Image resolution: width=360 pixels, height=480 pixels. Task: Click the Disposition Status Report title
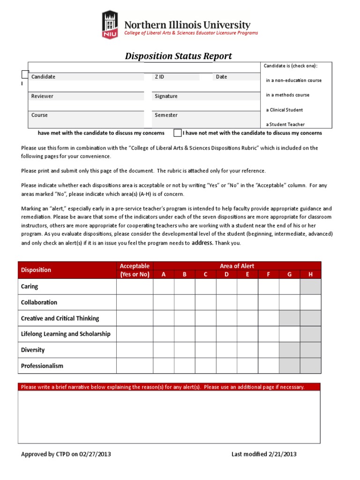click(178, 56)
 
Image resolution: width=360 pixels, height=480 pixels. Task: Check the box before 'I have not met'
click(177, 133)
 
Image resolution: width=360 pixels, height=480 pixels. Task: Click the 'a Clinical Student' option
click(285, 110)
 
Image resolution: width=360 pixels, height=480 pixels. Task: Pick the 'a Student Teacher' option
click(285, 125)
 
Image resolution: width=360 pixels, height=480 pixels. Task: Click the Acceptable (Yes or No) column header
click(135, 270)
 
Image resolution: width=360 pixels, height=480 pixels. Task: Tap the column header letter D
click(226, 275)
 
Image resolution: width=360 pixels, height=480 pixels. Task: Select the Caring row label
click(30, 286)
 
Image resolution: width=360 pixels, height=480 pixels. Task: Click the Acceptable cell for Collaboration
click(135, 302)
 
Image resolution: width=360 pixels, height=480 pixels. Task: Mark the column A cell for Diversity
click(164, 350)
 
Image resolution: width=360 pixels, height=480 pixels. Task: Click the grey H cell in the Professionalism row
click(310, 366)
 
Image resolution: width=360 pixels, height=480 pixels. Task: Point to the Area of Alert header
click(237, 266)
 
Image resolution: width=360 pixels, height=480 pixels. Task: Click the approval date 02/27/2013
click(95, 454)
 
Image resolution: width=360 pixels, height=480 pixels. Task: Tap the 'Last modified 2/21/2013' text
click(264, 454)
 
